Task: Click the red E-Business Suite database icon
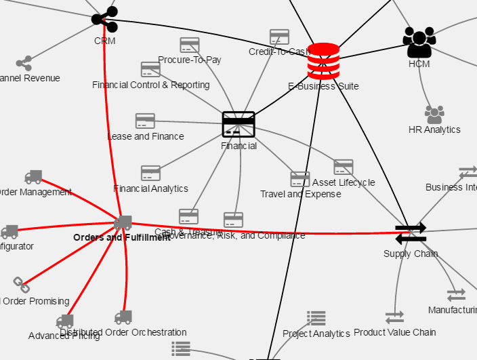point(323,62)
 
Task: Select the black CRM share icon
point(105,19)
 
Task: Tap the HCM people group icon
point(419,43)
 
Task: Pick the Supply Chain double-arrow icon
point(411,233)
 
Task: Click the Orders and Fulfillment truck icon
point(123,223)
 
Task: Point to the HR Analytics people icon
point(434,115)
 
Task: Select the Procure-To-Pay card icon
point(190,45)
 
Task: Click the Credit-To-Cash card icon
point(279,37)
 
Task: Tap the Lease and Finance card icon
point(145,121)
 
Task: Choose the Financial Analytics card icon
point(150,173)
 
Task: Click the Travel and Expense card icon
point(300,179)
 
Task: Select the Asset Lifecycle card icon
point(344,167)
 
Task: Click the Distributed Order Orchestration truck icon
point(123,317)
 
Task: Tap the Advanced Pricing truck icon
point(64,321)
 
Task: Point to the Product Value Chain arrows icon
point(394,317)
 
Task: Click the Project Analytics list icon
point(316,317)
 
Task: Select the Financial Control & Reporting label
point(150,85)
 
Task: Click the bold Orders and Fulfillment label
point(122,238)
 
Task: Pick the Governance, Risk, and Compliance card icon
point(233,220)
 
